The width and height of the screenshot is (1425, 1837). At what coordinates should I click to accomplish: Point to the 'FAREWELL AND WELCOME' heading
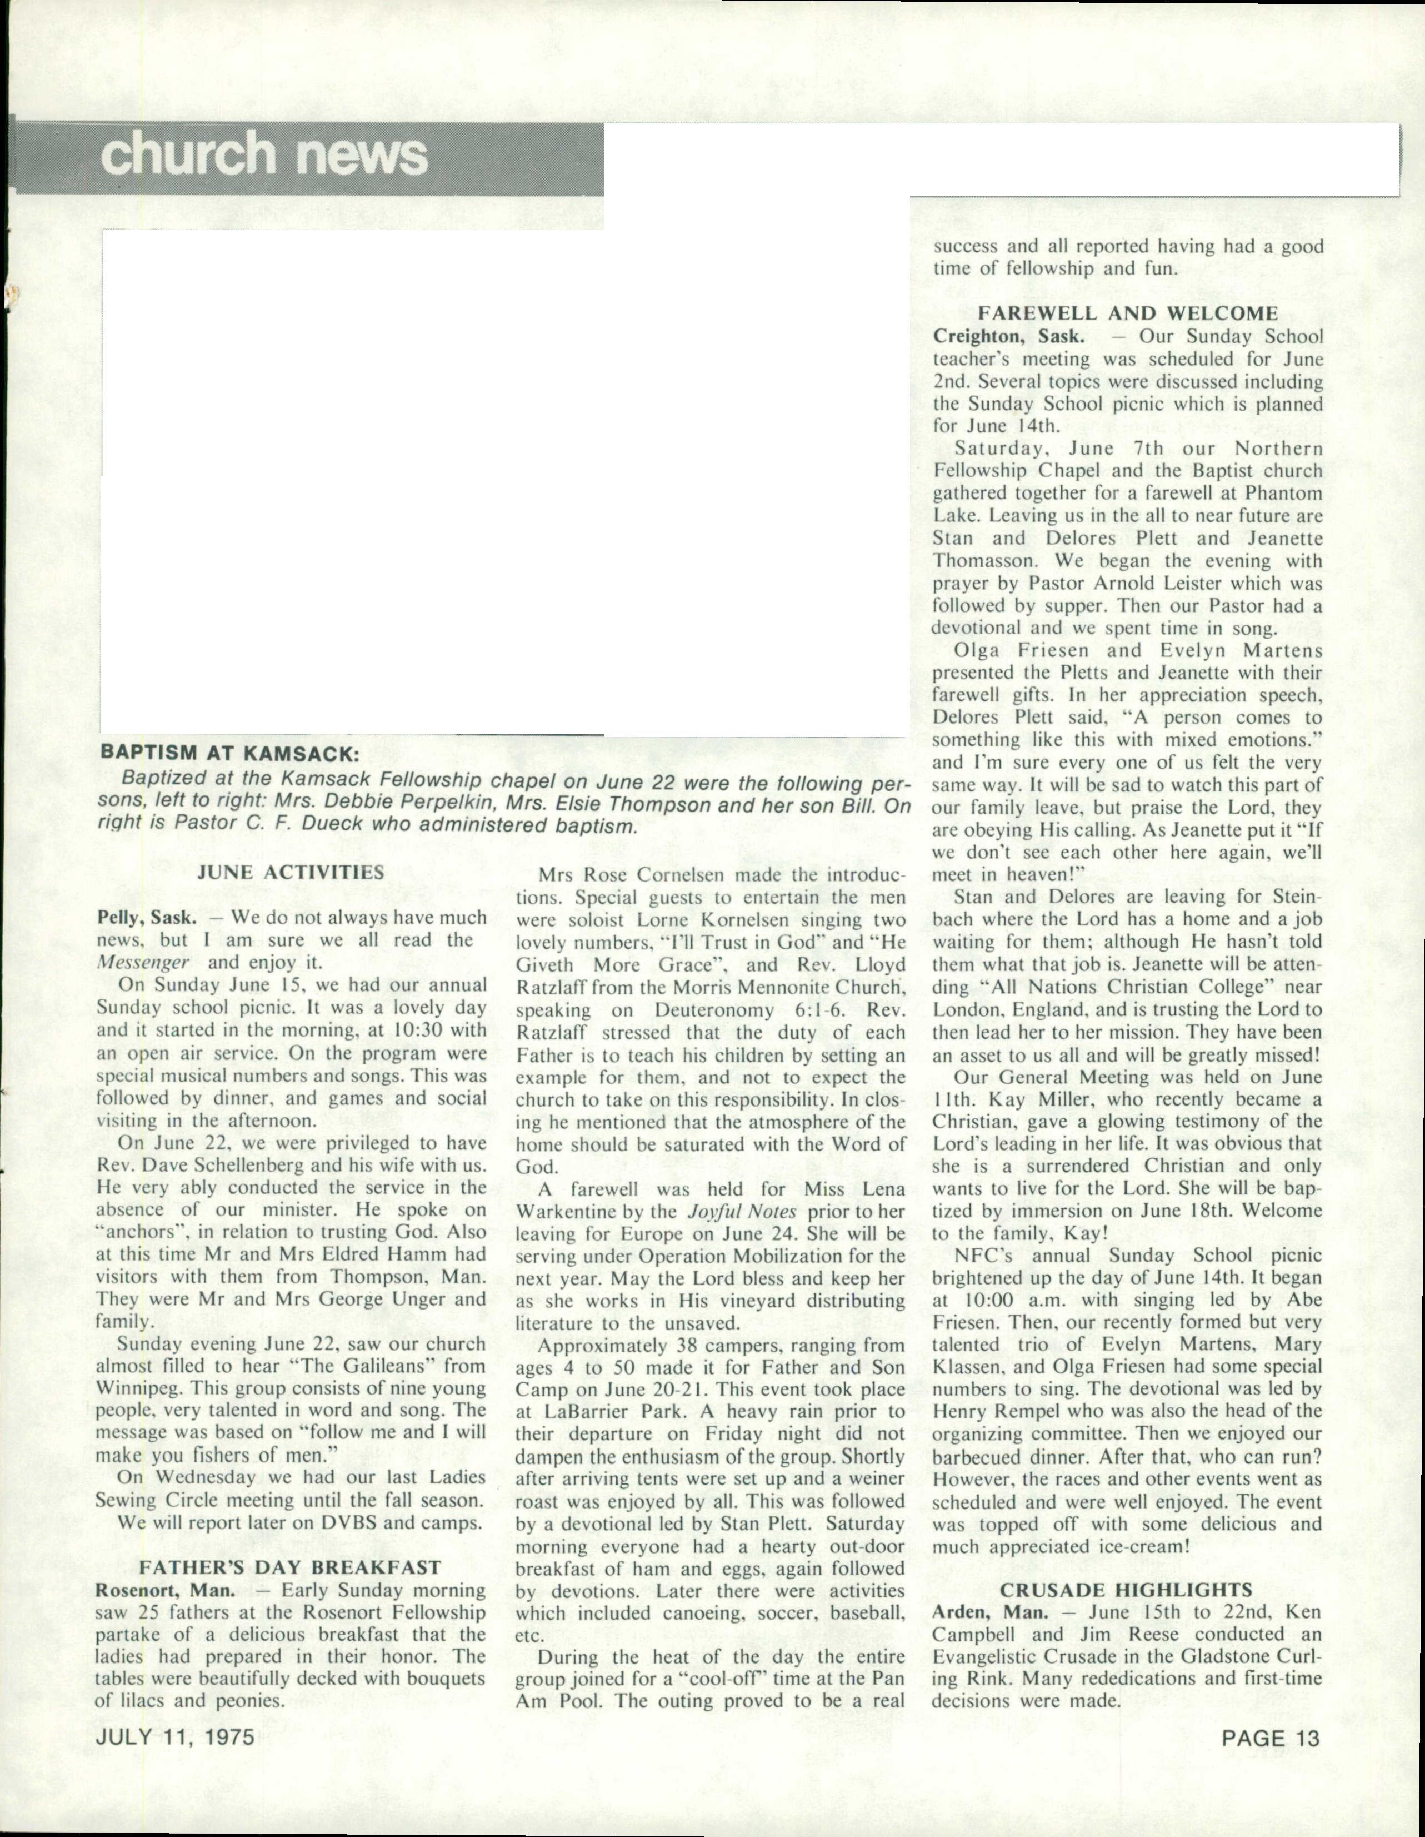pos(1127,313)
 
